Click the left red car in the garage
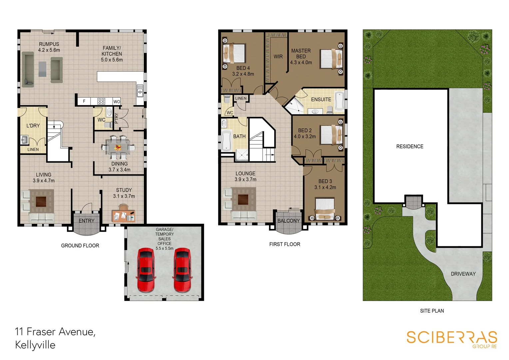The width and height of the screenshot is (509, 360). (x=146, y=269)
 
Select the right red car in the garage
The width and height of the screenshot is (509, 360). (x=182, y=269)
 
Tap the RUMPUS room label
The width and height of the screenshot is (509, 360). (x=49, y=44)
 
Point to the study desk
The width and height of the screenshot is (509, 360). (x=123, y=215)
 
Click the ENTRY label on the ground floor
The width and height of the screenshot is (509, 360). (x=87, y=221)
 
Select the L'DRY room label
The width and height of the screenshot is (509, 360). (x=33, y=126)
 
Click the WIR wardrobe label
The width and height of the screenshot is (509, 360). (x=278, y=57)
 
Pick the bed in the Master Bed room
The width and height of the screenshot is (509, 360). (x=331, y=59)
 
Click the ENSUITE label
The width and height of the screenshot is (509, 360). (x=321, y=99)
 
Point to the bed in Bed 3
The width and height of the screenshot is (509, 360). (x=325, y=209)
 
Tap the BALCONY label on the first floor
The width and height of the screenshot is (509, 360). (x=288, y=221)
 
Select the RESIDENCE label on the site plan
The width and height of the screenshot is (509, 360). (x=410, y=146)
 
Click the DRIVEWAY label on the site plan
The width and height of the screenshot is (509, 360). (x=463, y=274)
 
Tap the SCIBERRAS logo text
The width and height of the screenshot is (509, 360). (x=451, y=337)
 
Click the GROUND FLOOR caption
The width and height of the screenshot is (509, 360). (x=80, y=246)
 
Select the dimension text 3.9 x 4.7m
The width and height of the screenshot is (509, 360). (x=44, y=181)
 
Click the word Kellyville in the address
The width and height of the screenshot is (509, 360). (x=35, y=345)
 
